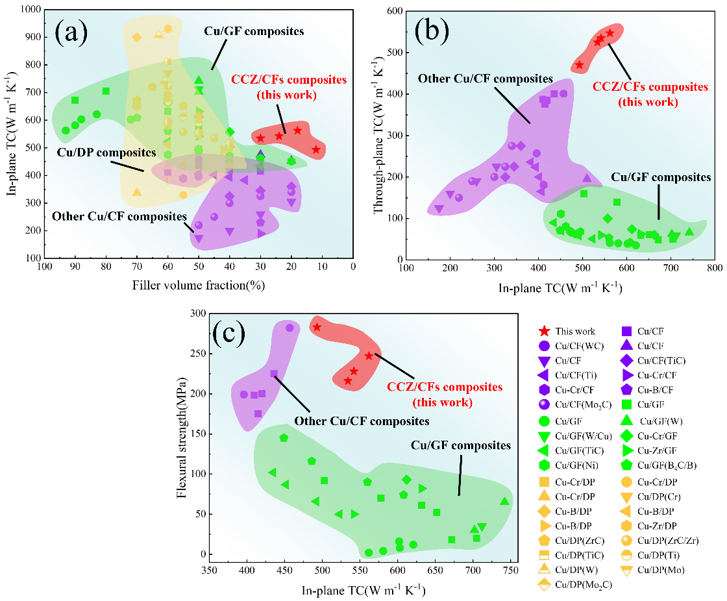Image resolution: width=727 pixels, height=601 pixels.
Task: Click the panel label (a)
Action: pyautogui.click(x=71, y=31)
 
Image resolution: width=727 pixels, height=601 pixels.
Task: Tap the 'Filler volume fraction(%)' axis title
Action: pyautogui.click(x=199, y=285)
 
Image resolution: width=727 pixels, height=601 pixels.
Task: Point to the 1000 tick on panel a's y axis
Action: pyautogui.click(x=31, y=10)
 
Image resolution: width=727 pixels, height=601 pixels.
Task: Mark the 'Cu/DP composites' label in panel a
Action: pyautogui.click(x=106, y=153)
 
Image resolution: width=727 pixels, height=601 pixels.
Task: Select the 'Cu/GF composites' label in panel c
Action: pyautogui.click(x=461, y=446)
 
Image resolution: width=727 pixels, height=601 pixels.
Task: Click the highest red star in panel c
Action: pyautogui.click(x=317, y=327)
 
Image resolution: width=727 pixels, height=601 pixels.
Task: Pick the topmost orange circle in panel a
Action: pyautogui.click(x=167, y=29)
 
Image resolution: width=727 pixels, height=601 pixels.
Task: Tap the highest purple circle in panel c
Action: pyautogui.click(x=290, y=328)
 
